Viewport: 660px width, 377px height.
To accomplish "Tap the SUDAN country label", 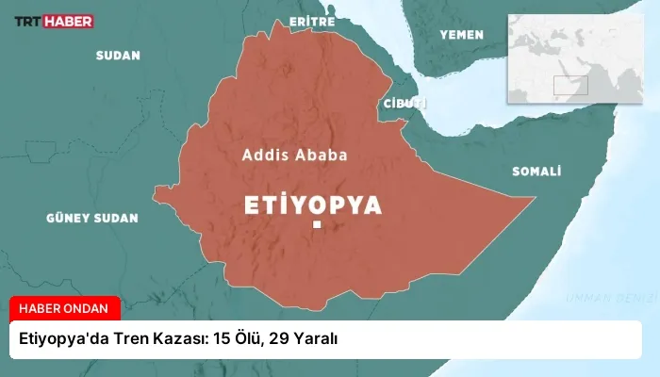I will coord(118,56).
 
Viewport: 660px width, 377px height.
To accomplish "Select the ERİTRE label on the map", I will coord(312,20).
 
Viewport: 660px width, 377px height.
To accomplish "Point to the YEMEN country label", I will coord(461,35).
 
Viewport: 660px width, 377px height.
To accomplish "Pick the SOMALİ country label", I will coord(536,172).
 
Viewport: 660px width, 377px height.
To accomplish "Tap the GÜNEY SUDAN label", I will coord(91,218).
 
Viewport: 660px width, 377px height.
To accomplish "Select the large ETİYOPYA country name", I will coord(313,205).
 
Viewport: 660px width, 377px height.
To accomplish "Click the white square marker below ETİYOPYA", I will coord(318,225).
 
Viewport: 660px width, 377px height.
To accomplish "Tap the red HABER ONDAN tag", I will coord(65,308).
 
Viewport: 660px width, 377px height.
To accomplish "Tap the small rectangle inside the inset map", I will coord(569,86).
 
